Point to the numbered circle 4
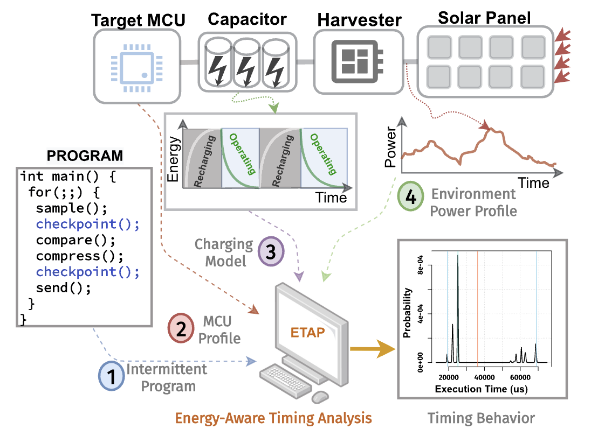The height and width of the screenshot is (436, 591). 410,198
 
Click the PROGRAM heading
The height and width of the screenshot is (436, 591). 85,156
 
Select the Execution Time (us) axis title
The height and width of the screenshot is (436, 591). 482,389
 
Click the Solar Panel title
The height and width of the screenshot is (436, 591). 484,17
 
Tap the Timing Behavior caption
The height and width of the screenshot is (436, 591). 481,418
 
